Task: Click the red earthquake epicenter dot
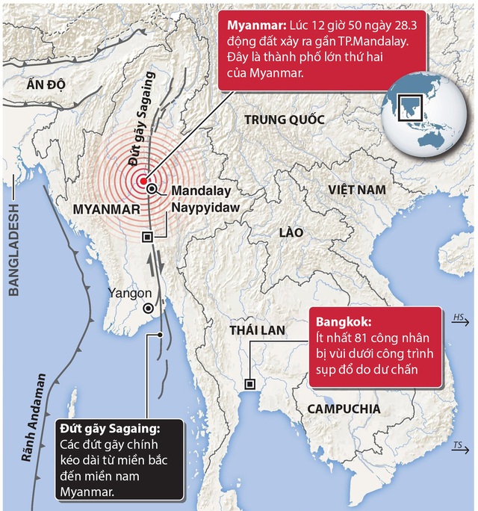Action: (141, 180)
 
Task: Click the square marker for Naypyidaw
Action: (147, 237)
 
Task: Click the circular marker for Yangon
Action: (149, 308)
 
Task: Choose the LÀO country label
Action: (290, 232)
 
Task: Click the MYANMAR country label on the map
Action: (106, 211)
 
